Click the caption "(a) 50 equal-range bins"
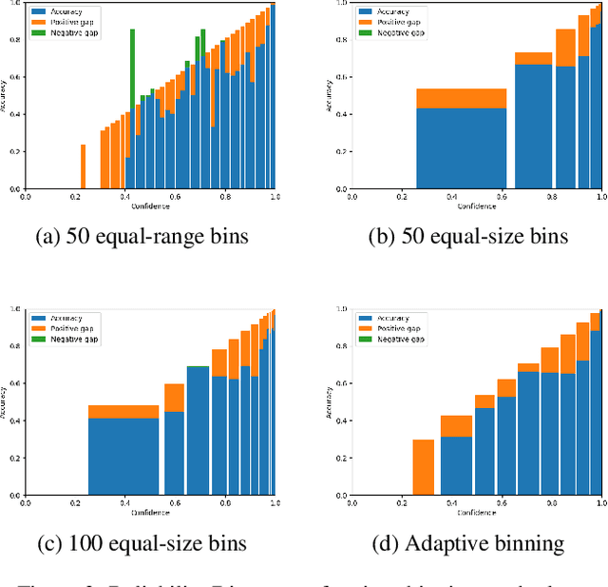(142, 236)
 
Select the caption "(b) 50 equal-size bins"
(469, 236)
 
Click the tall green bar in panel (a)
(132, 95)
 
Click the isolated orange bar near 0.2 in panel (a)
(83, 166)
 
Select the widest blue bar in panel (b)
(462, 147)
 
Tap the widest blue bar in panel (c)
(123, 458)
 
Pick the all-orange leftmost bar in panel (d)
(424, 467)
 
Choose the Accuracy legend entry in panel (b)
(396, 9)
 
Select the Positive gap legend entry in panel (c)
(71, 328)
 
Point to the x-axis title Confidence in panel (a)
(150, 206)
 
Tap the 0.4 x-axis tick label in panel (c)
(125, 504)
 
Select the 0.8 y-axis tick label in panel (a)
(16, 40)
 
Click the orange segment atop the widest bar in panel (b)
(462, 98)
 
